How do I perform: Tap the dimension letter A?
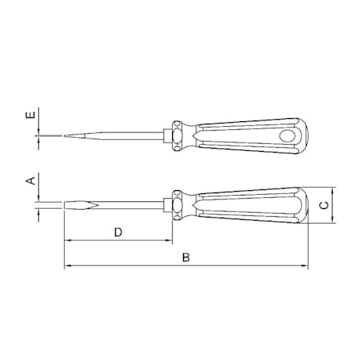[30, 182]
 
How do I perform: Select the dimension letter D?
[117, 232]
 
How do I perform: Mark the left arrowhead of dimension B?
[67, 266]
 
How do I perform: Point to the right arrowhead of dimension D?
[167, 241]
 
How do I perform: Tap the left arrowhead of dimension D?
[67, 241]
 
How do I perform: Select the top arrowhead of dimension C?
[333, 190]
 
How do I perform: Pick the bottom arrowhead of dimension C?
[333, 222]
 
